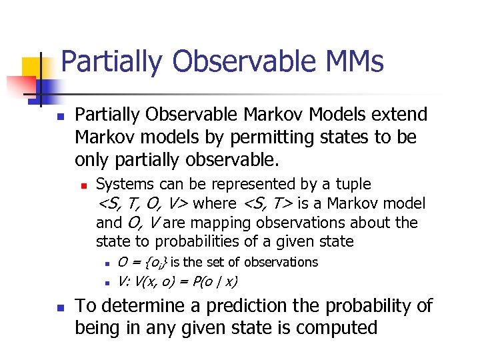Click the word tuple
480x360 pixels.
tap(353, 184)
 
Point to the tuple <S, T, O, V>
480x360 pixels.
tap(143, 203)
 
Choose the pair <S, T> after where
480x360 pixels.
tap(269, 203)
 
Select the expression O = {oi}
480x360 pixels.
tap(142, 263)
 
